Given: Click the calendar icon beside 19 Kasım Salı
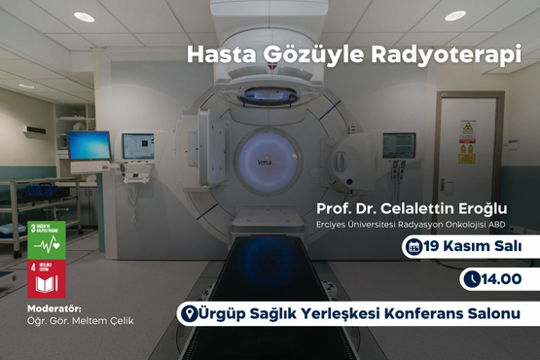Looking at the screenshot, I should coord(414,248).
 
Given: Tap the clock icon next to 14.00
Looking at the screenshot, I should coord(473,280).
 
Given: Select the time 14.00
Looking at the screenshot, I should coord(503,280).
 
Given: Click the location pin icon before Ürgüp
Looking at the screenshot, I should coord(190,313).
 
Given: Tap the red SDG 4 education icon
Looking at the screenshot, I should coord(47,278).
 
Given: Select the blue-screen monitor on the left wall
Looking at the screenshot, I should coord(89,146).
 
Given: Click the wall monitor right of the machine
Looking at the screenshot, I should coord(398,145).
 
